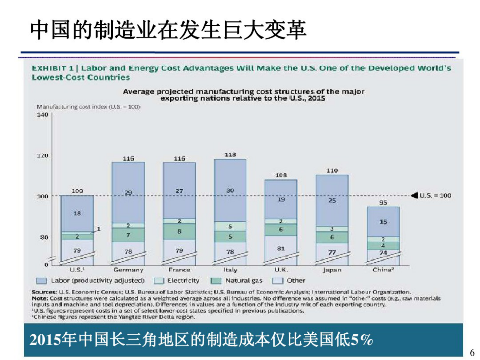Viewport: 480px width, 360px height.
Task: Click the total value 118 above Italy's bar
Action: pyautogui.click(x=230, y=155)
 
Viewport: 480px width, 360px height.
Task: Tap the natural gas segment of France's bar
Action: pyautogui.click(x=179, y=231)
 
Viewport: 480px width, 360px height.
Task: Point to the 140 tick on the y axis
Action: pyautogui.click(x=42, y=115)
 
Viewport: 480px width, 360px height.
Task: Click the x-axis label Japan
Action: pyautogui.click(x=332, y=270)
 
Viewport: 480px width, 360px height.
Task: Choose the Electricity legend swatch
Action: pyautogui.click(x=158, y=281)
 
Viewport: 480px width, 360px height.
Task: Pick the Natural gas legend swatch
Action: pyautogui.click(x=216, y=281)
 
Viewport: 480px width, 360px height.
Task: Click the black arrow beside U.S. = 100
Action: pyautogui.click(x=414, y=195)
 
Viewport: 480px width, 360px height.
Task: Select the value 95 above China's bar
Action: pyautogui.click(x=383, y=202)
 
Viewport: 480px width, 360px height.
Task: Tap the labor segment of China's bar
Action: pyautogui.click(x=383, y=222)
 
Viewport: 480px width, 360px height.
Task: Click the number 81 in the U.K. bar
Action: pyautogui.click(x=281, y=248)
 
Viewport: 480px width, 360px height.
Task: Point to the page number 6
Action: pyautogui.click(x=472, y=352)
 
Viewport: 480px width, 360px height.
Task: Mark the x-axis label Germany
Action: pyautogui.click(x=128, y=270)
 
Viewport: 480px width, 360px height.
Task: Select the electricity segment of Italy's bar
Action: pyautogui.click(x=230, y=226)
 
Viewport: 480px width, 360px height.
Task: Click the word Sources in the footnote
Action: pyautogui.click(x=44, y=292)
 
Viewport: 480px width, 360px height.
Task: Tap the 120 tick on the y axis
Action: pyautogui.click(x=42, y=155)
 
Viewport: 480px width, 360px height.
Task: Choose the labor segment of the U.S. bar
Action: pyautogui.click(x=77, y=213)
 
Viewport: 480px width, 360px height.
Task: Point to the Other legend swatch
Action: pyautogui.click(x=278, y=281)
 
